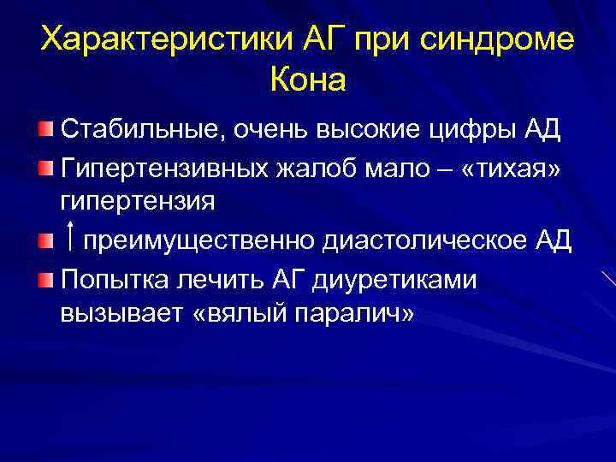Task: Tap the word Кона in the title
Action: (x=307, y=80)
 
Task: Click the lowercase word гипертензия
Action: (x=138, y=202)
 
